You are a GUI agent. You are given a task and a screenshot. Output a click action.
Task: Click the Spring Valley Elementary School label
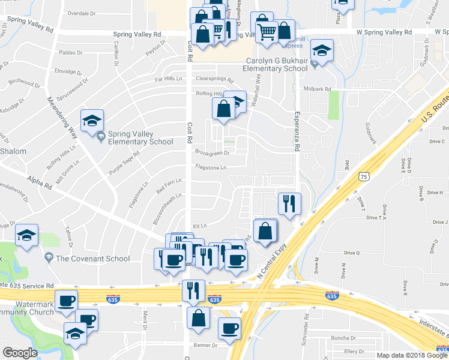(x=140, y=138)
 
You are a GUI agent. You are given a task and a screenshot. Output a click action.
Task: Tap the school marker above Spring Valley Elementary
(x=92, y=122)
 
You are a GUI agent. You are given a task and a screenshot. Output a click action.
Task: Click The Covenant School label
(x=92, y=259)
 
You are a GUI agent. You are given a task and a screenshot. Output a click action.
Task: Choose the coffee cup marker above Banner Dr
(x=229, y=328)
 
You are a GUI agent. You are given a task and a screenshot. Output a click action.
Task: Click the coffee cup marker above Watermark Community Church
(x=67, y=300)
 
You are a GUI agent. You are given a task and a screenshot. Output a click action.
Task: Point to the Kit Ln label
(x=199, y=226)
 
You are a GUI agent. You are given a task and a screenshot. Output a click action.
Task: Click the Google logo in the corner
(x=20, y=353)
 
